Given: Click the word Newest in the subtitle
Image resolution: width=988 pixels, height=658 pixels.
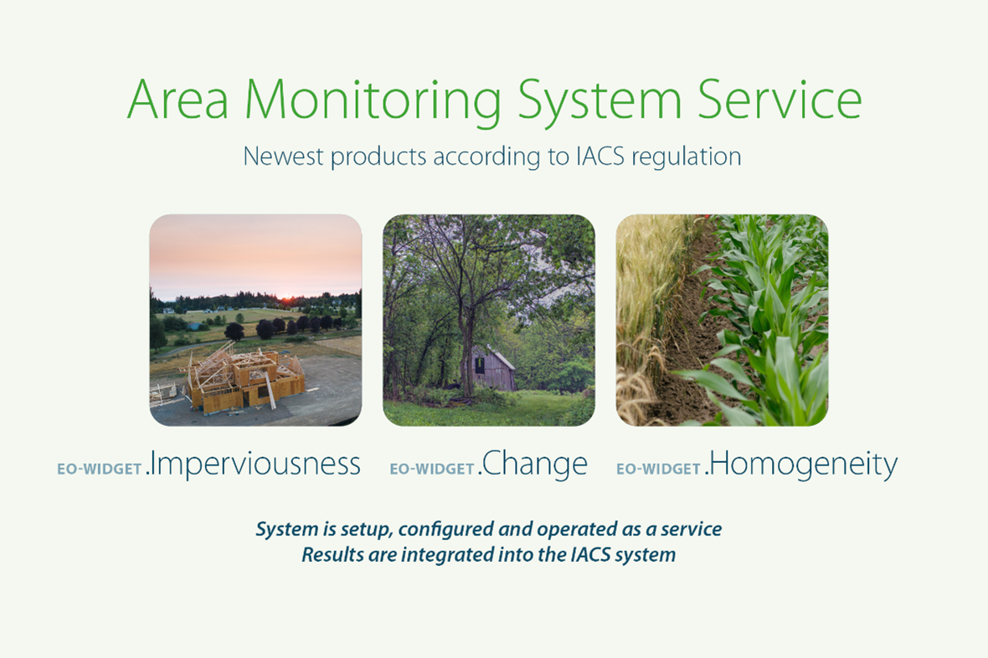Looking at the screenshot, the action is pos(284,157).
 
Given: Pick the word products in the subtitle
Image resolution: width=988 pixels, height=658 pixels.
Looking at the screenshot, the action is pos(378,157).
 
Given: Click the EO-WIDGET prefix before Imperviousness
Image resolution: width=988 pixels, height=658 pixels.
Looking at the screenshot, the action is pos(100,469).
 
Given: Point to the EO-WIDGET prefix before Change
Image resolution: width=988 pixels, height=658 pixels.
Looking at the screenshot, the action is pos(432,469).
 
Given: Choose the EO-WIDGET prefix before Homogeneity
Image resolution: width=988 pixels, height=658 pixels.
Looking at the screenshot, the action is pos(658,469).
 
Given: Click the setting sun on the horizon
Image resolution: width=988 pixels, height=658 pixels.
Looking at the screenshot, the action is pos(287,295).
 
